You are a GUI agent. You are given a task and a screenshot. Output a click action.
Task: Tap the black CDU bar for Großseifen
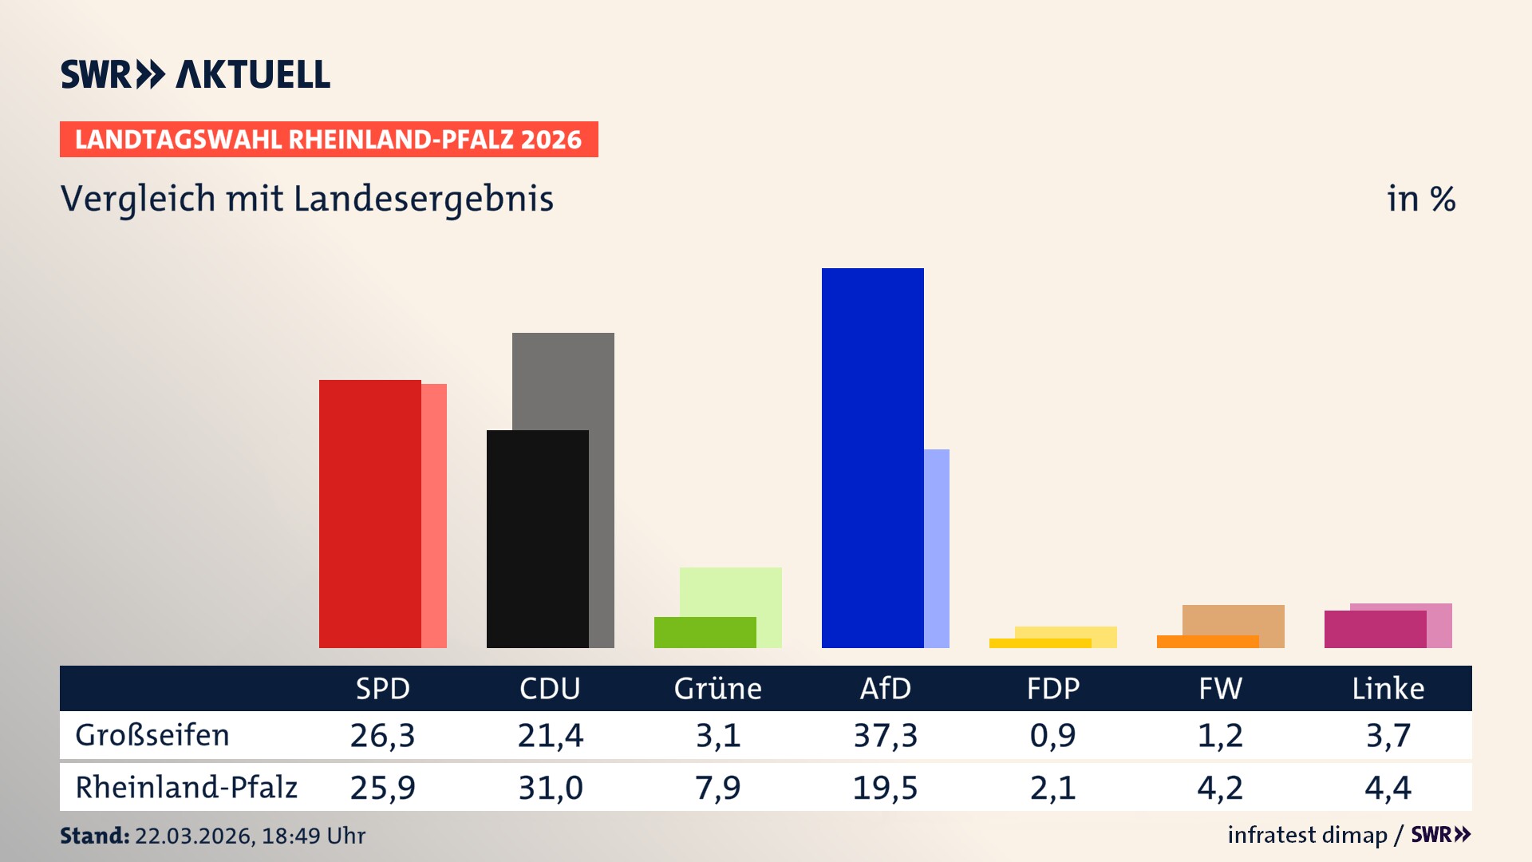point(537,539)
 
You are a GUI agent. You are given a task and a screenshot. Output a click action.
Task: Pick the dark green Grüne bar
point(705,632)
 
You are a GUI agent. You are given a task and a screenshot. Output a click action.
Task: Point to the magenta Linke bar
point(1375,629)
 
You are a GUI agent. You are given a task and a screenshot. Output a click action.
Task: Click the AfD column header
point(885,688)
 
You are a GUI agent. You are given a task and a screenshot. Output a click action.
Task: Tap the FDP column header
point(1052,688)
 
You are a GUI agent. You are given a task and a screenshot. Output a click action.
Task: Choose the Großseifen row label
point(152,735)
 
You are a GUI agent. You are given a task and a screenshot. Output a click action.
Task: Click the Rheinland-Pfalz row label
point(186,788)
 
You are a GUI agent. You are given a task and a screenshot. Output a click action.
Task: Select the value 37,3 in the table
point(885,735)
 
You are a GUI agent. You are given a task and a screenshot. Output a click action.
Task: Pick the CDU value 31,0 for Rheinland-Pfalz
point(551,788)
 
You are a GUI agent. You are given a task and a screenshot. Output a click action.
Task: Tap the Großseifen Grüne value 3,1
point(718,735)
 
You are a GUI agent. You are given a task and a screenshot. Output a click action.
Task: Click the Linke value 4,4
point(1388,788)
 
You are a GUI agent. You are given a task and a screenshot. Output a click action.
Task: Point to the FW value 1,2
point(1220,735)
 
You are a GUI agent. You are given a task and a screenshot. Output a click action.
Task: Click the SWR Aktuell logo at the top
point(195,74)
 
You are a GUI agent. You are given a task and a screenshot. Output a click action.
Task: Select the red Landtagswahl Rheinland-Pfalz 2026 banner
point(329,139)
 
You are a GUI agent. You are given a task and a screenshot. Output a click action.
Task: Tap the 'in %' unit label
point(1421,199)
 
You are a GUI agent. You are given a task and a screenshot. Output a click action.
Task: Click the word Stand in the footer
point(94,836)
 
